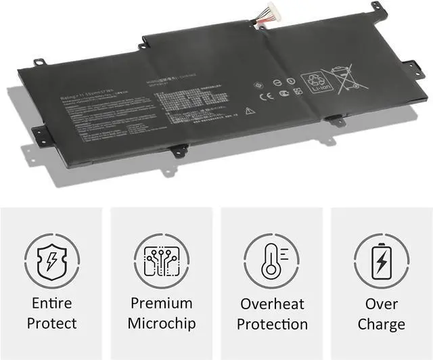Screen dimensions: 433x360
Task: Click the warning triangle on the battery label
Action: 250,110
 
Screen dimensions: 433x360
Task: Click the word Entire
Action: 52,303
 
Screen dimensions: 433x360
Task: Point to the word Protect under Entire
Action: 52,323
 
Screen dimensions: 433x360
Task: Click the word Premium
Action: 161,303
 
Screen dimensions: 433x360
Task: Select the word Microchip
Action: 161,323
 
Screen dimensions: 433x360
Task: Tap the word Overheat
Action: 271,303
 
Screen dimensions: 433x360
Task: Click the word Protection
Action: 271,324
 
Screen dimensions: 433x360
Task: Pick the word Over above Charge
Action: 381,303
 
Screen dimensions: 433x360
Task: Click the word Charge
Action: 381,323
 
